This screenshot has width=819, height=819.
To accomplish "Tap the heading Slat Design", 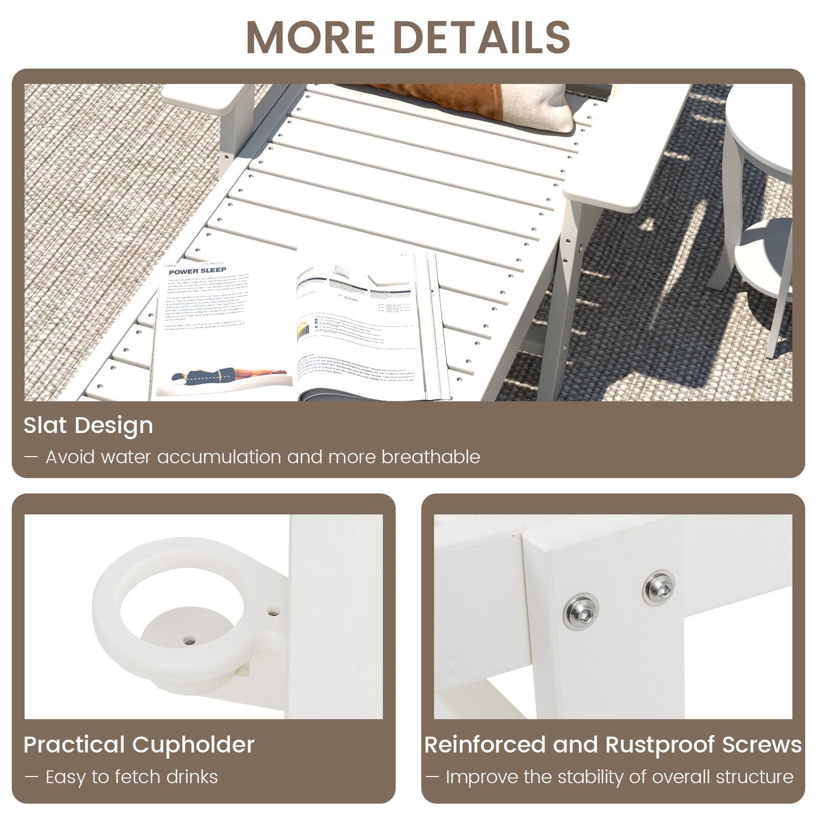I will point(88,426).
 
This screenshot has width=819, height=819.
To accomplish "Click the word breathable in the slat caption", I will point(430,457).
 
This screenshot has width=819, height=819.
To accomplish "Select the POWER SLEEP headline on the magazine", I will point(198,270).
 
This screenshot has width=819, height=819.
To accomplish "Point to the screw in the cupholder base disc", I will point(190,640).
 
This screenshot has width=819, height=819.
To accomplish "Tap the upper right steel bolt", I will point(658,588).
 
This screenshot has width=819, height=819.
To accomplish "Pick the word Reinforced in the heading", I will point(484,745).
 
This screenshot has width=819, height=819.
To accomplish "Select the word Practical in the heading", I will point(74,745).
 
